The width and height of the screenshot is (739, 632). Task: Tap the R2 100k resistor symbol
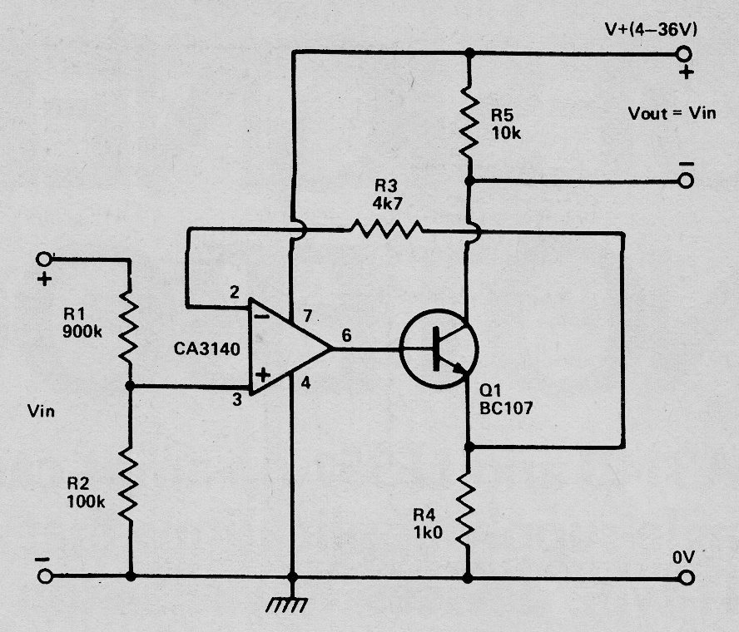(129, 485)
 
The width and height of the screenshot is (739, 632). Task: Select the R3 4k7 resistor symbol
(386, 229)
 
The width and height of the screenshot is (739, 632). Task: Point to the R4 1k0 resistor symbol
(468, 509)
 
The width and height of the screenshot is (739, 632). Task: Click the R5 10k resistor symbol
(469, 121)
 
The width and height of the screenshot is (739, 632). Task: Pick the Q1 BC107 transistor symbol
(439, 349)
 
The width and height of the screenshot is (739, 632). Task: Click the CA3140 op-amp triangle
(289, 346)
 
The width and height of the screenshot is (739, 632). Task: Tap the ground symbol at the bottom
(287, 605)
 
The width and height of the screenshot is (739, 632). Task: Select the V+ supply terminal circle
(683, 54)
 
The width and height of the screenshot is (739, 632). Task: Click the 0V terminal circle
(687, 577)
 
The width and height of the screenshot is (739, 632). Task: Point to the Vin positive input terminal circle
(44, 259)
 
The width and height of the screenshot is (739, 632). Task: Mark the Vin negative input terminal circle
(45, 576)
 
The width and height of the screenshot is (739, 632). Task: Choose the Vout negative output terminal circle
(686, 180)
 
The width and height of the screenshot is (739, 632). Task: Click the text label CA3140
(207, 349)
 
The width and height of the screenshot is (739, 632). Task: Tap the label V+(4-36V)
(651, 29)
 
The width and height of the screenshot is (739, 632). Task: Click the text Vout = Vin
(672, 113)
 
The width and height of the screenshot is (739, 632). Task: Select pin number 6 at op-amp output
(346, 335)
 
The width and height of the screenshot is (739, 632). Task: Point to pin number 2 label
(235, 292)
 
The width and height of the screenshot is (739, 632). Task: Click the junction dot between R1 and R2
(130, 386)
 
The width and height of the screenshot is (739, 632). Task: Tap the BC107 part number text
(506, 407)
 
